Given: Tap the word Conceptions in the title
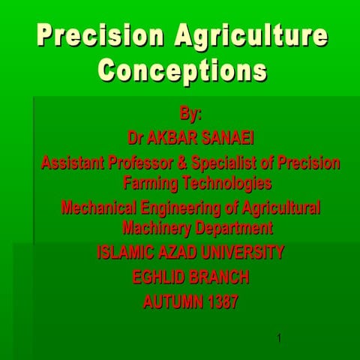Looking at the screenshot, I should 182,70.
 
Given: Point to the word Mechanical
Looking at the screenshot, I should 100,207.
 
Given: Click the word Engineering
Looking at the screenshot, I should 179,207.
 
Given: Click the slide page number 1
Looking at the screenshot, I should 279,338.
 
